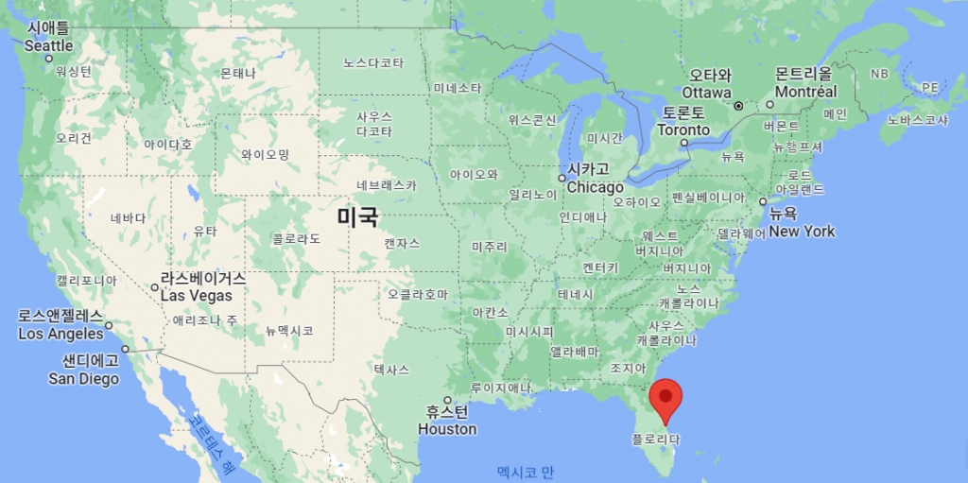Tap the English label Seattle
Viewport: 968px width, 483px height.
(x=48, y=45)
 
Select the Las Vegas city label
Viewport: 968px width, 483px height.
(x=197, y=296)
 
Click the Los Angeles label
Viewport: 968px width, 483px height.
(x=60, y=334)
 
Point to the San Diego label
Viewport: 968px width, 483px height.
(x=84, y=379)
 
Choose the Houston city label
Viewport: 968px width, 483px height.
(x=447, y=429)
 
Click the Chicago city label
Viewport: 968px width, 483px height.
(x=595, y=187)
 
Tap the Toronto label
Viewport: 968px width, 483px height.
(x=683, y=130)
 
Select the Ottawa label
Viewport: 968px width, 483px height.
(x=707, y=93)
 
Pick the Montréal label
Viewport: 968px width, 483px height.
(x=806, y=93)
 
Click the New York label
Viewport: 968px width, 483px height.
(x=802, y=232)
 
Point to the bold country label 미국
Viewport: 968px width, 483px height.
(x=358, y=217)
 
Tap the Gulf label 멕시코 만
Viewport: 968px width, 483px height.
(x=526, y=471)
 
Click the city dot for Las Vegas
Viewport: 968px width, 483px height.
(x=155, y=287)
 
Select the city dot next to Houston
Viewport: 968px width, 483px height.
(x=447, y=400)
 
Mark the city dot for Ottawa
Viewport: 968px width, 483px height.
(x=739, y=105)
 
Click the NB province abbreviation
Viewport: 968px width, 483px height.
(x=879, y=74)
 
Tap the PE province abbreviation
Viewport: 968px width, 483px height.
(x=930, y=87)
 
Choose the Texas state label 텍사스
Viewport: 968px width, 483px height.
(x=391, y=369)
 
